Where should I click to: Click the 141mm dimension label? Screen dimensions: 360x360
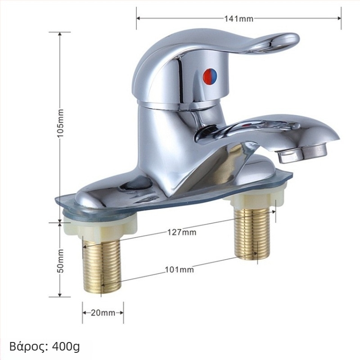(x=239, y=18)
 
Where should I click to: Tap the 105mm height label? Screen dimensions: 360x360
(x=60, y=123)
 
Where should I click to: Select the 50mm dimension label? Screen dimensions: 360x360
(x=60, y=261)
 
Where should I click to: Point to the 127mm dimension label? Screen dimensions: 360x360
(x=182, y=232)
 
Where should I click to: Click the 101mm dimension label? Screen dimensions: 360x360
(x=179, y=269)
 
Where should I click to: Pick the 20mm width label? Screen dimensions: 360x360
(x=103, y=312)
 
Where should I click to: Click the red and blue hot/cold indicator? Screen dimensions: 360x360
(x=211, y=76)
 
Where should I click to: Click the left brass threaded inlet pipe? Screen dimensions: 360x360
(x=102, y=264)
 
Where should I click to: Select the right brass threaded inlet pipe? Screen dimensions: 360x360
(x=252, y=233)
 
